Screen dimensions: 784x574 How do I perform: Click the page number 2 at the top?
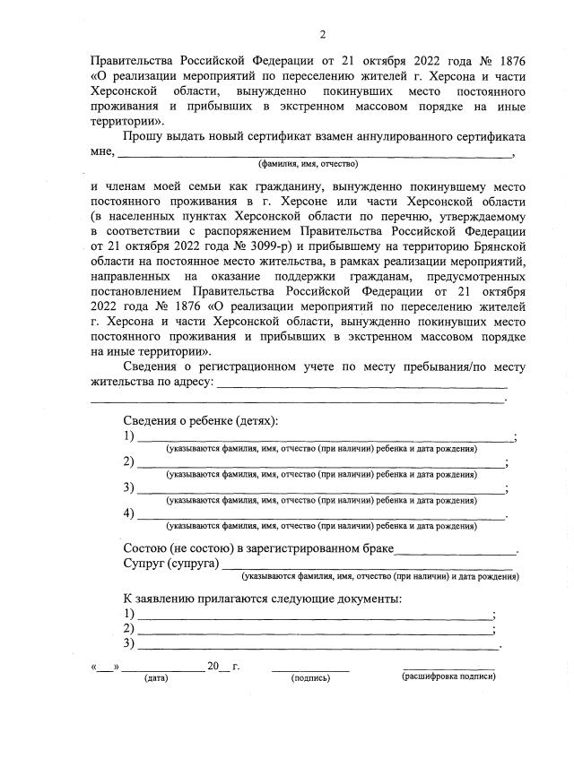(322, 35)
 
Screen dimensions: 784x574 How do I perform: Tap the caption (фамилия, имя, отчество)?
(308, 164)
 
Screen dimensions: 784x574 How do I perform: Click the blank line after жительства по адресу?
(362, 386)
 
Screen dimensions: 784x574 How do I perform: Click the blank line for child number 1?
(324, 440)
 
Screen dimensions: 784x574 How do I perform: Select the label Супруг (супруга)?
(170, 564)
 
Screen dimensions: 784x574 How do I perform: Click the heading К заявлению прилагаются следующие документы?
(262, 599)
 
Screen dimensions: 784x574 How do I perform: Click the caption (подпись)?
(310, 678)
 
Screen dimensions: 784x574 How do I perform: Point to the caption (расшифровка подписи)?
(448, 677)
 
